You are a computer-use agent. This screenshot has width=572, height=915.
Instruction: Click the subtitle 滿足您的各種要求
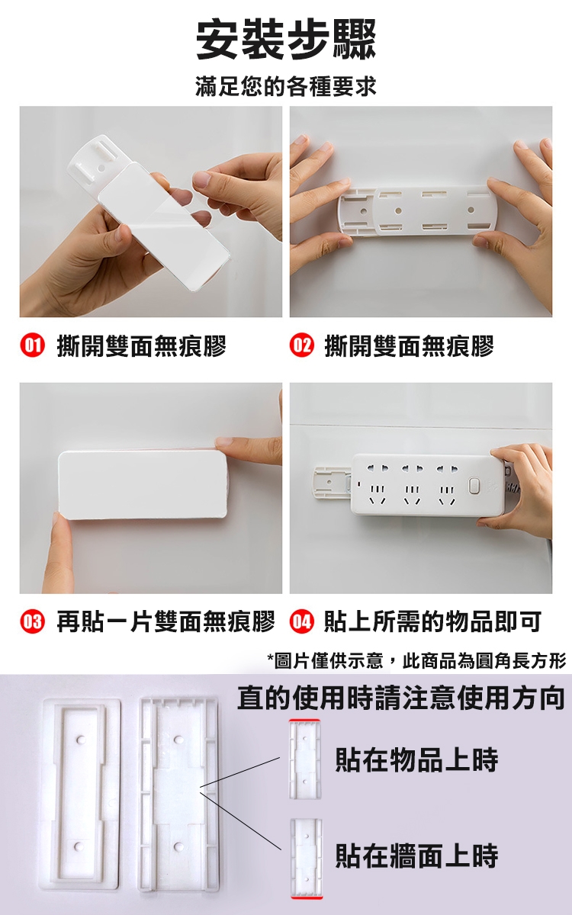click(286, 87)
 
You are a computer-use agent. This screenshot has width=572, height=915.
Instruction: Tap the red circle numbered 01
click(33, 346)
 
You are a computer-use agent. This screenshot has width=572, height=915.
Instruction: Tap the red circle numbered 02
click(301, 346)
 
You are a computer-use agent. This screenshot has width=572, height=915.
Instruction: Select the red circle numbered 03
click(33, 621)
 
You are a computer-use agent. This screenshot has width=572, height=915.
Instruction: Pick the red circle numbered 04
click(301, 621)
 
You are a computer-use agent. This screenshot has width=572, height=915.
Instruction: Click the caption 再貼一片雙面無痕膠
click(166, 621)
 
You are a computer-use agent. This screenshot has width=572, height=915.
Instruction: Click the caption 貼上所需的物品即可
click(432, 621)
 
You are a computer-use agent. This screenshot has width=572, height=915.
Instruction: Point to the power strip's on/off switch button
click(474, 487)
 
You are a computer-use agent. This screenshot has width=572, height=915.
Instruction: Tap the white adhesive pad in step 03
click(143, 485)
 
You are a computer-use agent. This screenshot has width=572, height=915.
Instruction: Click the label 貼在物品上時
click(416, 759)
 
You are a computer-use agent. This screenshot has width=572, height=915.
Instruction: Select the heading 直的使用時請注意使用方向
click(401, 698)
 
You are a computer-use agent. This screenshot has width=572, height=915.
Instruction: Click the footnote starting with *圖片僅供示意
click(416, 661)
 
